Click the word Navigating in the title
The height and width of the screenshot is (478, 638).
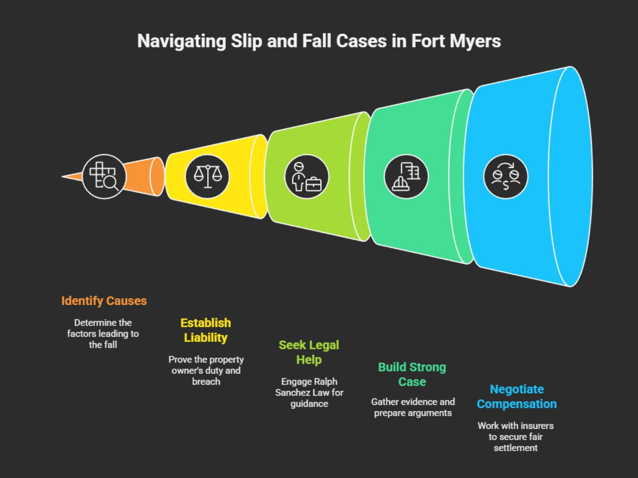pos(181,41)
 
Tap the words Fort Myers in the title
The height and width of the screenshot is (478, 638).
pos(456,41)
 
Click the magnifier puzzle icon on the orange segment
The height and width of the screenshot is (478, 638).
pos(104,176)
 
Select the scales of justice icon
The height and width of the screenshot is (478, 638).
pos(207,176)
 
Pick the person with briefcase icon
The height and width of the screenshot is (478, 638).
pos(307,177)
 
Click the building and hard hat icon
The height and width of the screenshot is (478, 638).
pos(406,177)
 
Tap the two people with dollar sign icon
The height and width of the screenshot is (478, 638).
pos(506,177)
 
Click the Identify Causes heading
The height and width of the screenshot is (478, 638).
pos(104,301)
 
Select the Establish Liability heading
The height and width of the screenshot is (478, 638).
pos(206,330)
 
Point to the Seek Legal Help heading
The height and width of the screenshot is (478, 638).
pos(309,352)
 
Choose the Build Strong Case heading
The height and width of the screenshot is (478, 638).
pos(412,374)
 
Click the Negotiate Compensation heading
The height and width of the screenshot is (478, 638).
pos(517,396)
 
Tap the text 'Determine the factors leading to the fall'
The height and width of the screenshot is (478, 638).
pos(103,334)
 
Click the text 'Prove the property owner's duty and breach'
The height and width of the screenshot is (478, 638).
pos(206,370)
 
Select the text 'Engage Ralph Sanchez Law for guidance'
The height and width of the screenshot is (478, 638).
pos(309,393)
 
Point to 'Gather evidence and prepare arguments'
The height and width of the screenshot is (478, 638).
pos(413,407)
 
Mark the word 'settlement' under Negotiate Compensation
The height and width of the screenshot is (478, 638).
pos(516,448)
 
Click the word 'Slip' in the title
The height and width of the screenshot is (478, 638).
pos(246,41)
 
